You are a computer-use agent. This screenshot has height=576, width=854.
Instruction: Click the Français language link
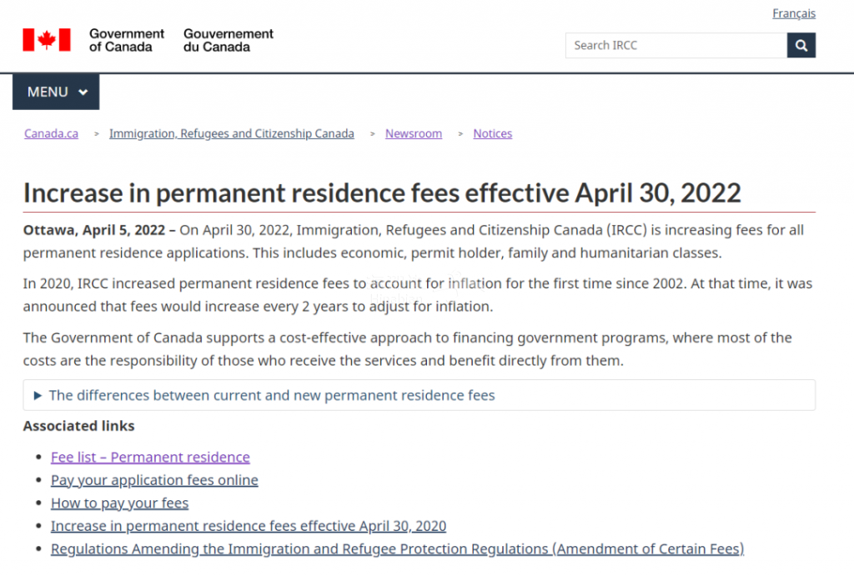pos(793,13)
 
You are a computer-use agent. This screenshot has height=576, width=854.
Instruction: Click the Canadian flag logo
pos(47,40)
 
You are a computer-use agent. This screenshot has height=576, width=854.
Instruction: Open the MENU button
pos(56,92)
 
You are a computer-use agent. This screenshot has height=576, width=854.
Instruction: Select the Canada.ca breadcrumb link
pos(51,133)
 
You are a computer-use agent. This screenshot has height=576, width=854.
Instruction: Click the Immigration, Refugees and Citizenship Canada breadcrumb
pos(231,133)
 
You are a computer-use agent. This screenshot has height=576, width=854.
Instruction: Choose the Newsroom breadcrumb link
pos(414,133)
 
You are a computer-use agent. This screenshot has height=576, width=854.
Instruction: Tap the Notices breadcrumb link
pos(492,133)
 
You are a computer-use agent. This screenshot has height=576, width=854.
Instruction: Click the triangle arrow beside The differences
pos(38,395)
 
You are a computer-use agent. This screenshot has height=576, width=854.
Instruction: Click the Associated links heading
pos(78,426)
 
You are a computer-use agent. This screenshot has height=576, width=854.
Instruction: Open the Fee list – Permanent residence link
pos(150,457)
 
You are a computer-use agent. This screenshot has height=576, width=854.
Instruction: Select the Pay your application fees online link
pos(154,480)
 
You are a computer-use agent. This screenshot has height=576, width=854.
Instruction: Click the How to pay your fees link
pos(119,503)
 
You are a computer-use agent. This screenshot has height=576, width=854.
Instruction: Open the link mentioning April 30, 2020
pos(249,526)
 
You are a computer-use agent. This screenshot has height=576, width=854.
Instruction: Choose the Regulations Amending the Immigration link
pos(397,548)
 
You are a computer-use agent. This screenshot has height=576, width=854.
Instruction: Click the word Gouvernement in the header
pos(229,34)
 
